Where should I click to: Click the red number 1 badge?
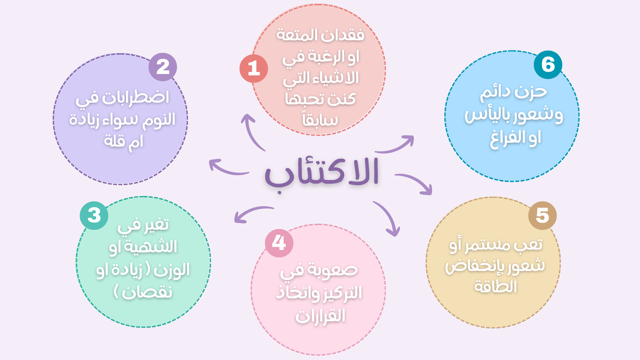[x=254, y=69]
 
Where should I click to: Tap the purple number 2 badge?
[x=163, y=67]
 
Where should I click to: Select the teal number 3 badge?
[x=94, y=216]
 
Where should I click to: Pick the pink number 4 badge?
[x=279, y=243]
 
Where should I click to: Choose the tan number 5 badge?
[x=542, y=216]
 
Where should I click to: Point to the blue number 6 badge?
[x=548, y=65]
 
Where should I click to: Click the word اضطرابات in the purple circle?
[x=135, y=98]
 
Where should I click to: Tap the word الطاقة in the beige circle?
[x=495, y=287]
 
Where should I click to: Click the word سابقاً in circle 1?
[x=320, y=119]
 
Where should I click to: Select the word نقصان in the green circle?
[x=147, y=292]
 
